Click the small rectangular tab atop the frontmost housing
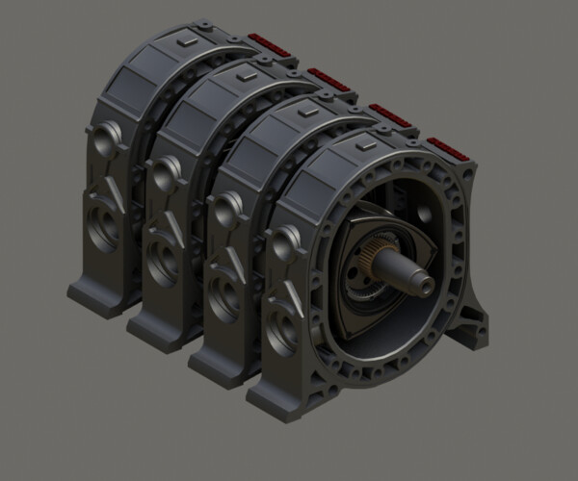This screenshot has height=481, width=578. [370, 145]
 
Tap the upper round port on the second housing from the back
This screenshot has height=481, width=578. [165, 173]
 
